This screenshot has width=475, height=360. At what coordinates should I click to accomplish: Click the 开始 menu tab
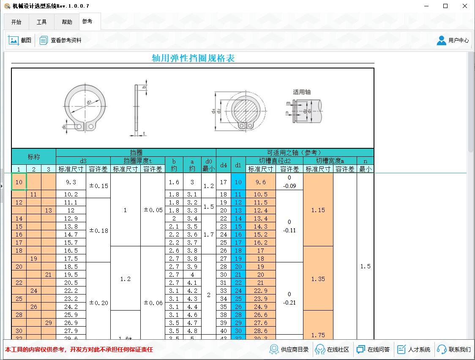pos(16,22)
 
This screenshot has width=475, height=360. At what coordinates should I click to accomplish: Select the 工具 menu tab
pos(41,22)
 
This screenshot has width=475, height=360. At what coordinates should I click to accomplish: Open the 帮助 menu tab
pos(67,22)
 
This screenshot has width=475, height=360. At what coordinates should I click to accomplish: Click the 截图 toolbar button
pos(20,40)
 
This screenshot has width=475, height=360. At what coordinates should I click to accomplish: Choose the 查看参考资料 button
pos(60,40)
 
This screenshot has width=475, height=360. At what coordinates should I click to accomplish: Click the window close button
pos(464,6)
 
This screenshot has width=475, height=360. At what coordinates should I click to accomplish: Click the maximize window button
pos(445,6)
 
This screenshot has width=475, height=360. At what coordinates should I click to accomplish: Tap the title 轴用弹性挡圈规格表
pos(193,58)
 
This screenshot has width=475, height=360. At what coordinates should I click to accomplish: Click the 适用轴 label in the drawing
pos(302,92)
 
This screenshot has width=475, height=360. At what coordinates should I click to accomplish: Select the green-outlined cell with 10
pos(19,182)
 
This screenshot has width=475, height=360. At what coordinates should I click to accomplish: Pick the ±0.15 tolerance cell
pos(98,186)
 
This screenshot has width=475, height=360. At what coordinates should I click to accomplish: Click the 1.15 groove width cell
pos(318,210)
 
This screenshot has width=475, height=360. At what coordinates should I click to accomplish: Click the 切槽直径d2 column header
pos(274,161)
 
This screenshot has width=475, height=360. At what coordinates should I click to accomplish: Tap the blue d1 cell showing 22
pos(238,283)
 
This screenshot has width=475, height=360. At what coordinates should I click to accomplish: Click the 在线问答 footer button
pos(373,349)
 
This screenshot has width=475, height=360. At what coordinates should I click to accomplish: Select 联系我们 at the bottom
pos(454,349)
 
